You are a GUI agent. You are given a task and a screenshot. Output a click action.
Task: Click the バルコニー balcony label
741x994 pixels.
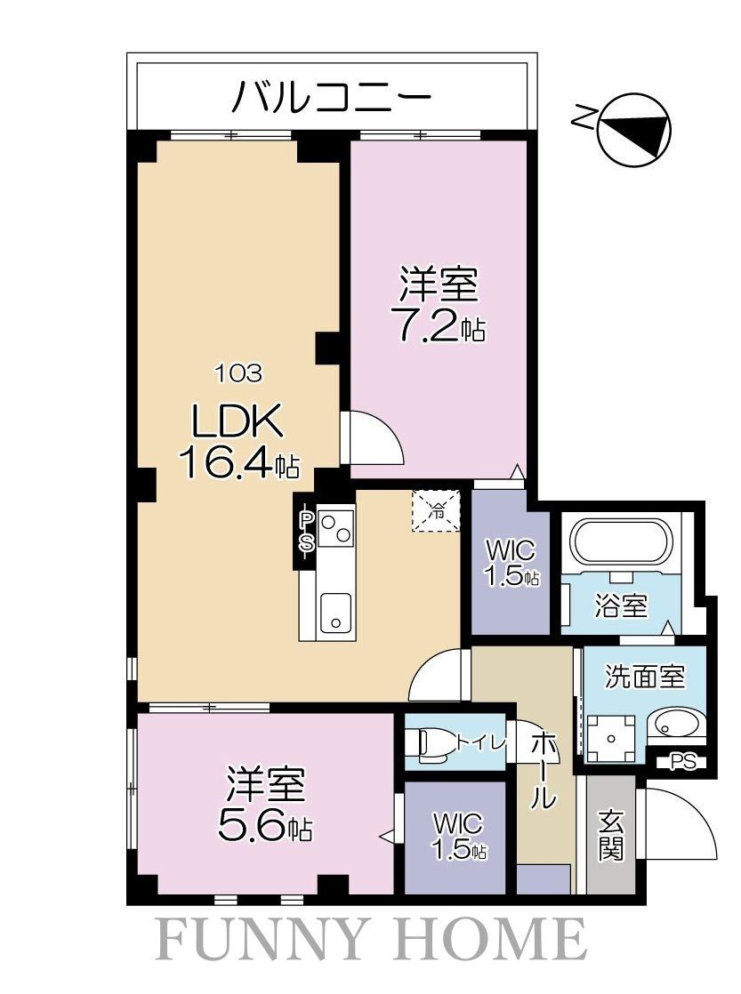pos(331,96)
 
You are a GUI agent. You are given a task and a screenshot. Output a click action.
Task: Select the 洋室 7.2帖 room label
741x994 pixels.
pos(439,307)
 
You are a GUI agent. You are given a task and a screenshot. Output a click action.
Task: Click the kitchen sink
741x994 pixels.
pos(336,613)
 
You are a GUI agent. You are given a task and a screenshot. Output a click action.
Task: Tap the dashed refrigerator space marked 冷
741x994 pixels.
pos(436,511)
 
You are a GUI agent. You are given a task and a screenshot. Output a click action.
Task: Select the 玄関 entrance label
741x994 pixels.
pos(610,835)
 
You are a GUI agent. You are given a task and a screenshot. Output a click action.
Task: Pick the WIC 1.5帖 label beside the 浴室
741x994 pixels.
pos(511,562)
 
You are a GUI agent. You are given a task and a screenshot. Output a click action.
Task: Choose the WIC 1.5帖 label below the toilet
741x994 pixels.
pos(457,835)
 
